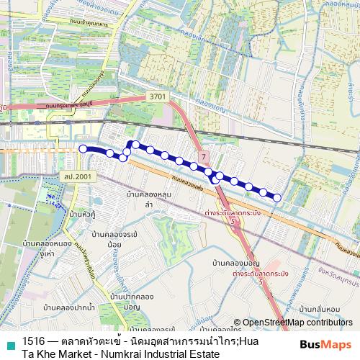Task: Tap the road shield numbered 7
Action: (x=204, y=156)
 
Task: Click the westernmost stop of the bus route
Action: (x=83, y=148)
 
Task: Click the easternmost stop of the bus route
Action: (x=277, y=197)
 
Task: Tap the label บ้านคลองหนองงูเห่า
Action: (x=48, y=249)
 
